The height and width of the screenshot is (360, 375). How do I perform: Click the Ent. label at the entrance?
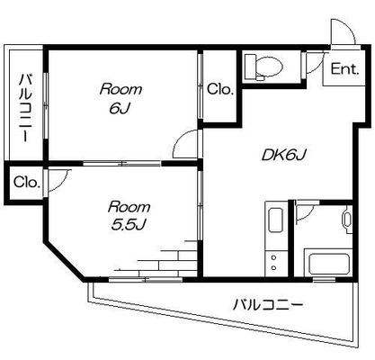[x=344, y=69]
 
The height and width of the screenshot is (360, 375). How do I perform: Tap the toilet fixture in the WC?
[x=263, y=67]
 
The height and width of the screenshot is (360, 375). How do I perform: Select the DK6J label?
[x=283, y=155]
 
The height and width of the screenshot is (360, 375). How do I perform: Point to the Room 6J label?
[x=121, y=99]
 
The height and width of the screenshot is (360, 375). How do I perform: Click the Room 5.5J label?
[x=129, y=216]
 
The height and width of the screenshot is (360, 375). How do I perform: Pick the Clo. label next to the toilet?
[x=220, y=89]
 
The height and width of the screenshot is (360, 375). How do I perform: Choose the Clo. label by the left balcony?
[x=27, y=182]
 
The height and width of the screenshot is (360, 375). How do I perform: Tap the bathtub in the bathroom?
[x=328, y=263]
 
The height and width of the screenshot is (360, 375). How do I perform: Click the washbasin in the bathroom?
[x=347, y=220]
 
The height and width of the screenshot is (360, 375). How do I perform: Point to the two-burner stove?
[x=273, y=263]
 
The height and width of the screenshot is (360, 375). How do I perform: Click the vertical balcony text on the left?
[x=26, y=107]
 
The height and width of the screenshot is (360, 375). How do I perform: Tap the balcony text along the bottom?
[x=268, y=305]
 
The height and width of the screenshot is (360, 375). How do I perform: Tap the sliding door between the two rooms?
[x=122, y=164]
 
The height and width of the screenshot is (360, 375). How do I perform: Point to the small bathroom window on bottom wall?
[x=324, y=280]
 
